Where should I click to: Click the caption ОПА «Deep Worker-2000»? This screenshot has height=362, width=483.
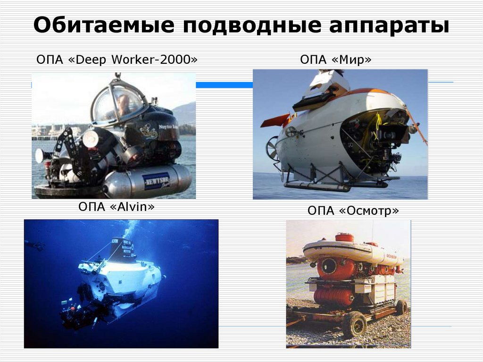click(x=117, y=60)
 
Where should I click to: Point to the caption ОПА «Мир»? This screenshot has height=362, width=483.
click(x=335, y=60)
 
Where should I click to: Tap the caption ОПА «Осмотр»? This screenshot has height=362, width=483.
click(x=353, y=210)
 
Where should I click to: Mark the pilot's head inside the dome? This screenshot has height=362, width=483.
click(x=124, y=101)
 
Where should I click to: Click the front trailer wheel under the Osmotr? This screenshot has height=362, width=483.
click(x=355, y=324)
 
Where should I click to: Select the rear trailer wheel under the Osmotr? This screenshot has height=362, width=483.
click(x=401, y=307)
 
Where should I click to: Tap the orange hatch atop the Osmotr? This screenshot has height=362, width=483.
click(x=344, y=237)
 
